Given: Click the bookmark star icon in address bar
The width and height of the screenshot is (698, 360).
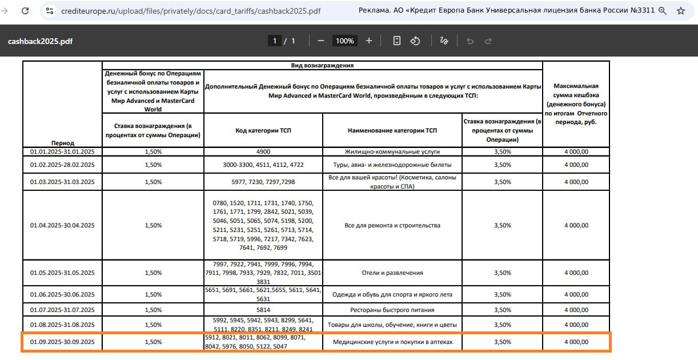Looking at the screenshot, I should pyautogui.click(x=680, y=11).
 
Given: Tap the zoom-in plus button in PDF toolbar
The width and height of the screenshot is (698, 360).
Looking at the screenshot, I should pyautogui.click(x=369, y=41).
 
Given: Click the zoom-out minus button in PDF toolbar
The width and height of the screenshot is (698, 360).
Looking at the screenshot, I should pyautogui.click(x=321, y=41).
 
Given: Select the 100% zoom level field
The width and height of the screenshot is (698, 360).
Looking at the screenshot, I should pyautogui.click(x=344, y=41).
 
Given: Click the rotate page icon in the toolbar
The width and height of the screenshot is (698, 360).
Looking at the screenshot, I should pyautogui.click(x=416, y=41).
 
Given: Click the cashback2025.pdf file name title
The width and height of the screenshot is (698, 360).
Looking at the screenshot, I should pyautogui.click(x=40, y=41).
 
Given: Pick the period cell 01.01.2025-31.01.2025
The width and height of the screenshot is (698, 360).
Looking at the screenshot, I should pyautogui.click(x=62, y=151).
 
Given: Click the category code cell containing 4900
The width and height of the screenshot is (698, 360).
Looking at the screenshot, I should pyautogui.click(x=263, y=151).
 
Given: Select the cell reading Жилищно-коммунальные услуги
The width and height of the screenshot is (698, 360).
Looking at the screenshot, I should pyautogui.click(x=392, y=151).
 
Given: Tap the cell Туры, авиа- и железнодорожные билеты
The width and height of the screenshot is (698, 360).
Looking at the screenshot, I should pyautogui.click(x=392, y=165).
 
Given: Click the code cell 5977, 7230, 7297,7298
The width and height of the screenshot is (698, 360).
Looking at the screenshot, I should pyautogui.click(x=263, y=182).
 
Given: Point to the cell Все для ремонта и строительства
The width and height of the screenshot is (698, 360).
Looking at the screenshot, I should pyautogui.click(x=392, y=225).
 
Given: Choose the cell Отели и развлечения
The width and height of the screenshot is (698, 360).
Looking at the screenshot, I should pyautogui.click(x=392, y=273).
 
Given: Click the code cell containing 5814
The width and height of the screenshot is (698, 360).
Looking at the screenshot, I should pyautogui.click(x=263, y=310).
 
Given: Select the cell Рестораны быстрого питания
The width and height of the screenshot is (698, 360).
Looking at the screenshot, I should pyautogui.click(x=392, y=310).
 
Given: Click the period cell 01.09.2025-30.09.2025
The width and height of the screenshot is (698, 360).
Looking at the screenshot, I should pyautogui.click(x=62, y=342).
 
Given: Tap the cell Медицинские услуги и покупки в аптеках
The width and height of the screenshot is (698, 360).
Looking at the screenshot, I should pyautogui.click(x=392, y=342).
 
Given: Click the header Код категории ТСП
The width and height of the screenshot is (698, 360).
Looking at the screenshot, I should pyautogui.click(x=263, y=130).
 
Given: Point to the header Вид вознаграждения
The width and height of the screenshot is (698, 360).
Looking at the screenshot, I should pyautogui.click(x=322, y=65).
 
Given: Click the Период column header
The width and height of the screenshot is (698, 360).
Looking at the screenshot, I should pyautogui.click(x=62, y=142).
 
